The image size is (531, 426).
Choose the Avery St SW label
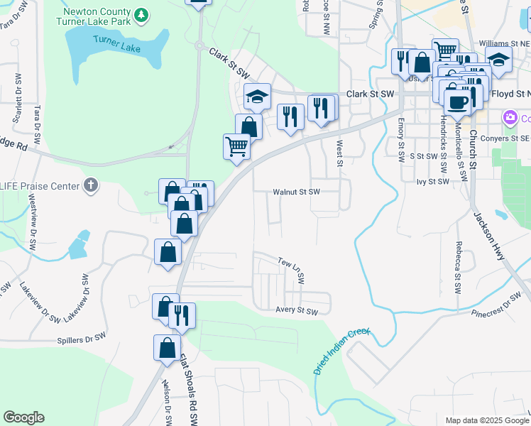click(x=297, y=310)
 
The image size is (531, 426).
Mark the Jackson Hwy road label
click(x=489, y=234)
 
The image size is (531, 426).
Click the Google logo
click(x=23, y=417)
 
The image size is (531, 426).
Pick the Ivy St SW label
click(x=434, y=182)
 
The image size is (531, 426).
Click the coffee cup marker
click(x=458, y=101)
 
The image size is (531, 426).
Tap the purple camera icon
click(x=509, y=117)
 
